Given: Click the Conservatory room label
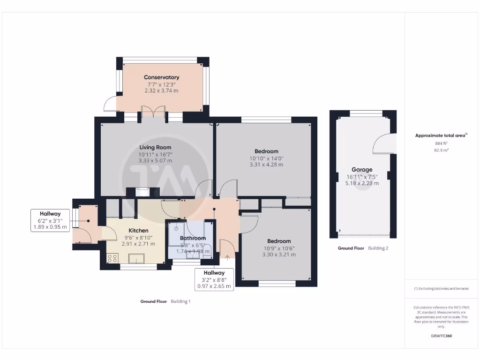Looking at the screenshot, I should pyautogui.click(x=161, y=77).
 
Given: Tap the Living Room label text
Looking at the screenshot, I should pyautogui.click(x=155, y=148).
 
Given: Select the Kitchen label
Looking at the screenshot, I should pyautogui.click(x=139, y=231).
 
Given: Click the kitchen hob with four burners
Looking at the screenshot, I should pyautogui.click(x=113, y=258).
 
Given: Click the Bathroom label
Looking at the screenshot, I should pyautogui.click(x=193, y=238).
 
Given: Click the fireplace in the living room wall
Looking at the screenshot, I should pyautogui.click(x=142, y=191).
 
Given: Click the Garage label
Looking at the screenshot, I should pyautogui.click(x=362, y=170).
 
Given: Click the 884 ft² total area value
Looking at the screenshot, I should pyautogui.click(x=441, y=143).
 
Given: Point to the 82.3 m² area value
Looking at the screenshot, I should pyautogui.click(x=441, y=150).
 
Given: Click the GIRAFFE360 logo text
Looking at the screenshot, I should pyautogui.click(x=441, y=336).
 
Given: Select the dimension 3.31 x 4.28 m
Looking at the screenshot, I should pyautogui.click(x=266, y=165).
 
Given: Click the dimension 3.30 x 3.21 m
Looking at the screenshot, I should pyautogui.click(x=279, y=255).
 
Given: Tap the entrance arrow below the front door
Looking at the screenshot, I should pyautogui.click(x=228, y=257).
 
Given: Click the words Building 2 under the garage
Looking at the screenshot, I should pyautogui.click(x=378, y=248).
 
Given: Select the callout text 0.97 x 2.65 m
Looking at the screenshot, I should pyautogui.click(x=214, y=286).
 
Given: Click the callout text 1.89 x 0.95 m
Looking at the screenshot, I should pyautogui.click(x=50, y=227).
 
